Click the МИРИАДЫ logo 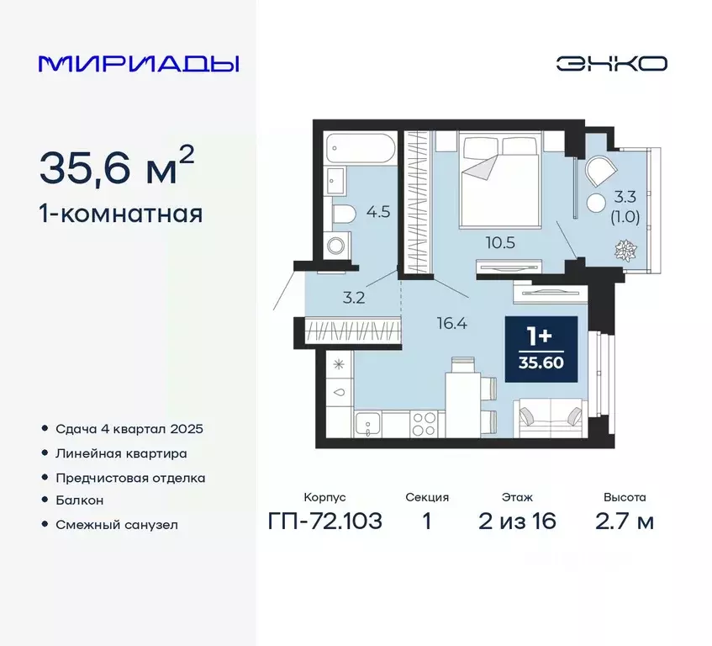tap(139, 64)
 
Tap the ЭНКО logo tap(611, 64)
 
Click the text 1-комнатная tap(121, 214)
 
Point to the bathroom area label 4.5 tap(378, 211)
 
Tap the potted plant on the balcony tap(626, 250)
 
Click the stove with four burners tap(423, 422)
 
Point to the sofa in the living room tap(550, 417)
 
